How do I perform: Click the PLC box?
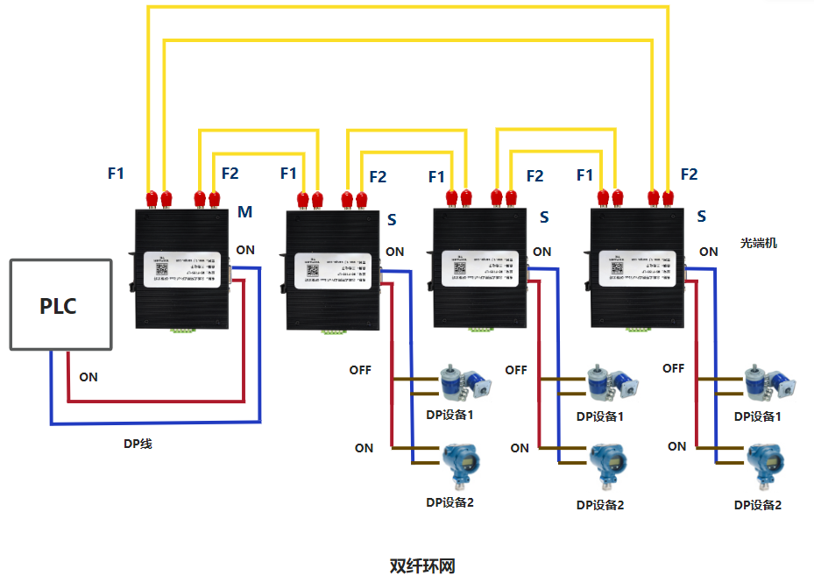pyautogui.click(x=60, y=305)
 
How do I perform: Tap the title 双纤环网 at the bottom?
pyautogui.click(x=422, y=565)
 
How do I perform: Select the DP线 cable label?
pyautogui.click(x=138, y=444)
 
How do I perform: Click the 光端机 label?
pyautogui.click(x=759, y=243)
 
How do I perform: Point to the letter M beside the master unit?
pyautogui.click(x=245, y=213)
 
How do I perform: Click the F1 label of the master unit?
pyautogui.click(x=117, y=174)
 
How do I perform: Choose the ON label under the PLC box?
pyautogui.click(x=88, y=377)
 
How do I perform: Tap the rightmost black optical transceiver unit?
pyautogui.click(x=636, y=269)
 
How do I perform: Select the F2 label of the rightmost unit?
pyautogui.click(x=690, y=174)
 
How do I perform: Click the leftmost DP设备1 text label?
pyautogui.click(x=449, y=415)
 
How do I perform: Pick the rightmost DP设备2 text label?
pyautogui.click(x=757, y=505)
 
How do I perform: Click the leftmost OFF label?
pyautogui.click(x=360, y=370)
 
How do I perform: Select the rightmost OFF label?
pyautogui.click(x=674, y=368)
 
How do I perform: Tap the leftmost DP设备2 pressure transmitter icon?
pyautogui.click(x=457, y=466)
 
